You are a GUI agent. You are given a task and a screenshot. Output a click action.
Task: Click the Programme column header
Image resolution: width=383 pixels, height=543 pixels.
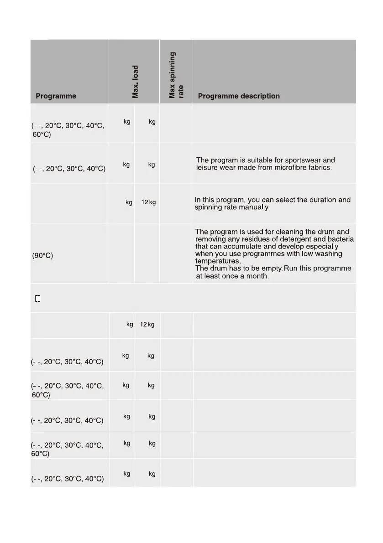(x=56, y=96)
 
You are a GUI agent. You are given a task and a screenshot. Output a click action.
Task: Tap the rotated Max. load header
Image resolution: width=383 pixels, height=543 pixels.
(x=136, y=82)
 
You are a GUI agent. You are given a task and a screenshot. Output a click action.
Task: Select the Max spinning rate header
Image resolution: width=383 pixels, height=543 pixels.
(x=176, y=75)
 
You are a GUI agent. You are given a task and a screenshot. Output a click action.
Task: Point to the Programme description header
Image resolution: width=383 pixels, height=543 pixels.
(x=239, y=96)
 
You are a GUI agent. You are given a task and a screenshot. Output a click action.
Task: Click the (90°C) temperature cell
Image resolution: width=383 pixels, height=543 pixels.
(x=42, y=256)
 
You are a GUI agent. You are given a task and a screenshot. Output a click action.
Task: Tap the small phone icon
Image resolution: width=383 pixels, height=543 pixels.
(x=38, y=299)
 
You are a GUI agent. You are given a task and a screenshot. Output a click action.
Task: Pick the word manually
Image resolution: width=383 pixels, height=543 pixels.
(x=257, y=207)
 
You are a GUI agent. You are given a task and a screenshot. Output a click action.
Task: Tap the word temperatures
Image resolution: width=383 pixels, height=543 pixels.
(x=218, y=261)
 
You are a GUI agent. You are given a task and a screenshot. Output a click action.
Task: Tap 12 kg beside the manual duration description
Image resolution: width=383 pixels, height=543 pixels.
(x=148, y=202)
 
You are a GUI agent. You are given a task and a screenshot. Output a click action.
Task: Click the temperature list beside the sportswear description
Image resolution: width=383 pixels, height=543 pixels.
(x=69, y=169)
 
